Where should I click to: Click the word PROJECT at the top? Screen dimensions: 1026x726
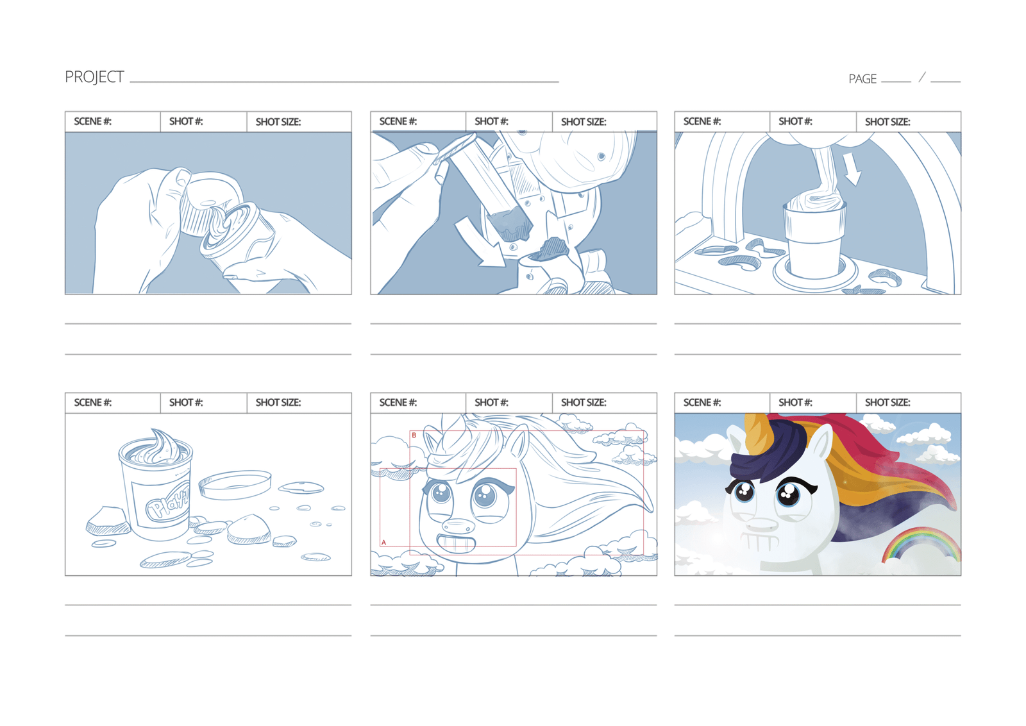pyautogui.click(x=94, y=77)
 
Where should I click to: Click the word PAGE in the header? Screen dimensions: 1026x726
pyautogui.click(x=862, y=79)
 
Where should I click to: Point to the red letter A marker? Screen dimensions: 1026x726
pyautogui.click(x=383, y=543)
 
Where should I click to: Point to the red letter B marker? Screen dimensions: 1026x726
pyautogui.click(x=414, y=435)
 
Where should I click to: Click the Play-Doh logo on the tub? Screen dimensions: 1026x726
pyautogui.click(x=168, y=502)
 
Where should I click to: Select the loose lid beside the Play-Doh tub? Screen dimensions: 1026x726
pyautogui.click(x=235, y=485)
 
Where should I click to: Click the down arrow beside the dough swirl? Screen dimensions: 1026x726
pyautogui.click(x=852, y=169)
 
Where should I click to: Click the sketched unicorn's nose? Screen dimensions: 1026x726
pyautogui.click(x=458, y=527)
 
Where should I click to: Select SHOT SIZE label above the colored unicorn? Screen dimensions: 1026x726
pyautogui.click(x=887, y=403)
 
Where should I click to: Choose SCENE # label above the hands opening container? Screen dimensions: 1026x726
pyautogui.click(x=92, y=121)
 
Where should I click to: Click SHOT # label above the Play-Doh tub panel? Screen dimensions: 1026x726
pyautogui.click(x=186, y=403)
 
